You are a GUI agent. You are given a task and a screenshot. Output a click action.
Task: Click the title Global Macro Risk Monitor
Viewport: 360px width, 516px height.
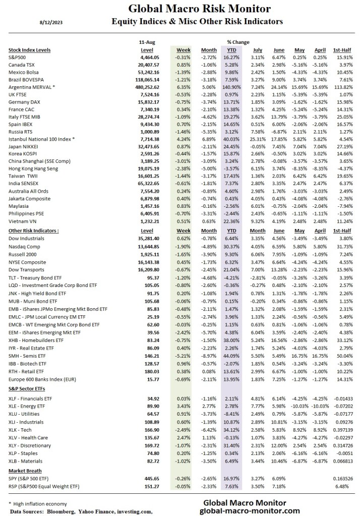200,9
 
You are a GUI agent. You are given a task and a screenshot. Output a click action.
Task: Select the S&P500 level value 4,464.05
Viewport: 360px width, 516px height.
150,58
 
